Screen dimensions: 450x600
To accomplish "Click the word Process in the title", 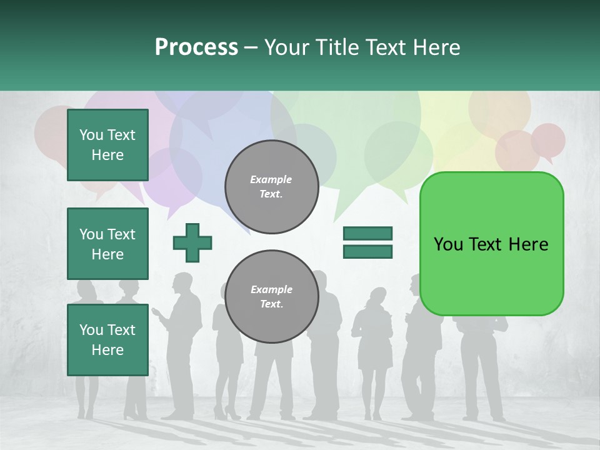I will [x=196, y=47].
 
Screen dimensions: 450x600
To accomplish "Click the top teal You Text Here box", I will [x=107, y=145].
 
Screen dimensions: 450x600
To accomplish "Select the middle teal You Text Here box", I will [x=107, y=244].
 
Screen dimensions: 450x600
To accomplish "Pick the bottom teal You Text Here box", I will [x=107, y=339].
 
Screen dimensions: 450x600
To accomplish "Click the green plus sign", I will [x=192, y=242].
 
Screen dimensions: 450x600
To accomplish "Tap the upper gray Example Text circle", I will [x=271, y=186].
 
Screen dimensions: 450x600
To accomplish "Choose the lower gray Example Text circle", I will [x=271, y=296].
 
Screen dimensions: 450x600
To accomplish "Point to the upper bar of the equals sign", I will [x=367, y=233].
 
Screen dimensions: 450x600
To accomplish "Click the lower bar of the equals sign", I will [x=367, y=252].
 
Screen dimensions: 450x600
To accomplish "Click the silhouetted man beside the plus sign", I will [x=183, y=337].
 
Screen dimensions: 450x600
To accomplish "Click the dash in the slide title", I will [x=251, y=47].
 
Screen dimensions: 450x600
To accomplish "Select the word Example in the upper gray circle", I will [x=271, y=179].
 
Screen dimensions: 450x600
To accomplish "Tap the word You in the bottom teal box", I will [x=91, y=329].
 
